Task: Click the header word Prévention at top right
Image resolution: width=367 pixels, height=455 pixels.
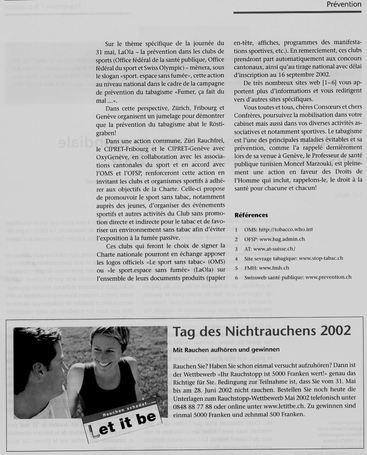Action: pos(344,4)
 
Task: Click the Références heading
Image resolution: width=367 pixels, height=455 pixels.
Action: pos(251,215)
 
